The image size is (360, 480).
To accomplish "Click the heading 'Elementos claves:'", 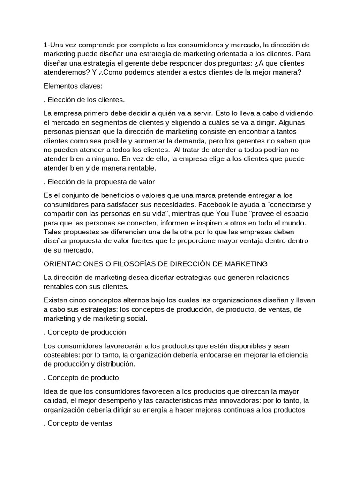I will point(72,86).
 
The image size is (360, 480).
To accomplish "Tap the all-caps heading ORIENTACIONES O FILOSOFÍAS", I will point(155,264).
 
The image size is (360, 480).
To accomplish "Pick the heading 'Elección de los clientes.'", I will point(84,100).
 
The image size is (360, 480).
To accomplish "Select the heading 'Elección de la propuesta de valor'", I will point(99,181).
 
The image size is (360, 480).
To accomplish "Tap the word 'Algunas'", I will point(291,123).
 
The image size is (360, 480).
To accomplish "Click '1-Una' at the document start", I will point(53,45).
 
